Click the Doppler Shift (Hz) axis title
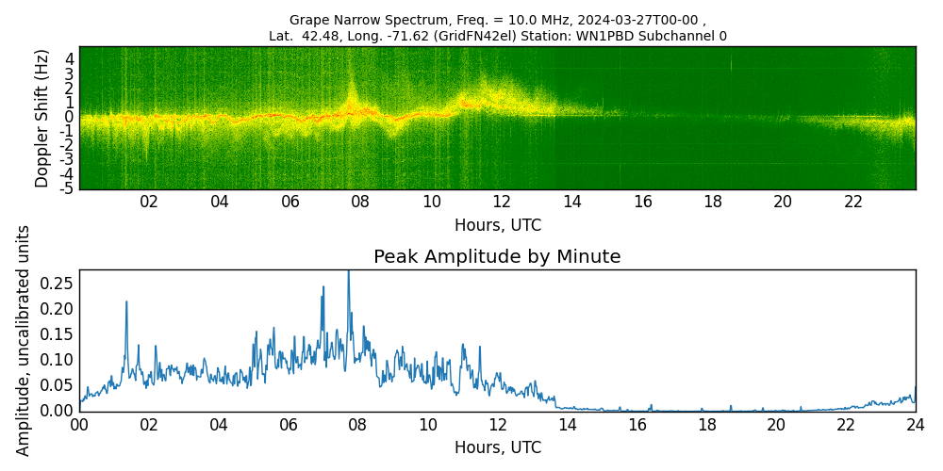tap(42, 118)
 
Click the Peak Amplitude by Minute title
tap(497, 257)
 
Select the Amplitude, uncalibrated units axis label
tap(24, 340)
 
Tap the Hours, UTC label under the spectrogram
tap(497, 225)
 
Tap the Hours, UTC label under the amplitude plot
tap(497, 447)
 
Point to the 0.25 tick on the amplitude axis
tap(57, 283)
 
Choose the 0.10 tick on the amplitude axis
tap(57, 359)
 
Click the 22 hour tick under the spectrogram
tap(853, 202)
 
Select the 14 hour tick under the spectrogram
tap(571, 202)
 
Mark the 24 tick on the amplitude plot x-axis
tap(915, 425)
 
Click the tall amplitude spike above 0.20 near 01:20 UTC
tap(126, 302)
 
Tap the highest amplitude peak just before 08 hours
tap(348, 273)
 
